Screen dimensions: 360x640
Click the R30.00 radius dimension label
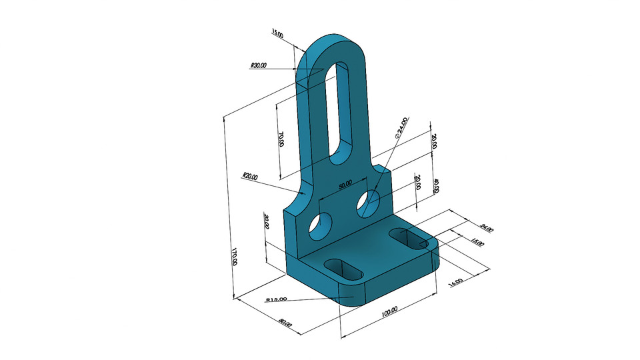(x=258, y=66)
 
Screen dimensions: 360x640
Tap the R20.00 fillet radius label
(x=251, y=177)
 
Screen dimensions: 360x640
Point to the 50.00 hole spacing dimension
(x=345, y=186)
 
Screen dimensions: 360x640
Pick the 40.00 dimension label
(x=435, y=186)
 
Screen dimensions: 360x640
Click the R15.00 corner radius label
(x=276, y=299)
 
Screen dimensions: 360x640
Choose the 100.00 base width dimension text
(x=389, y=310)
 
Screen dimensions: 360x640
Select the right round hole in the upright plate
(x=368, y=203)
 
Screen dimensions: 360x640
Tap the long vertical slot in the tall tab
(x=341, y=110)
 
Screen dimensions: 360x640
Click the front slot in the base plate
(x=343, y=269)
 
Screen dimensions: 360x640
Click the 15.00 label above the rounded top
(x=277, y=32)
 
